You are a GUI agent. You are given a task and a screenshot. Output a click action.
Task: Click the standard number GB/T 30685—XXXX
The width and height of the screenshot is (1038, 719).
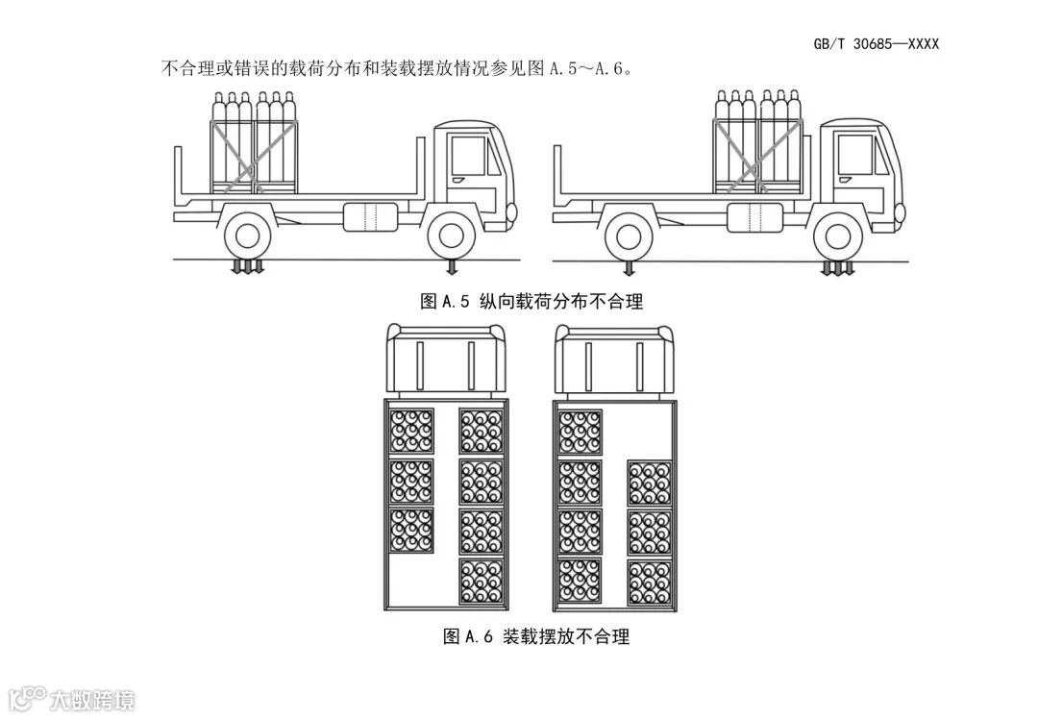pyautogui.click(x=876, y=44)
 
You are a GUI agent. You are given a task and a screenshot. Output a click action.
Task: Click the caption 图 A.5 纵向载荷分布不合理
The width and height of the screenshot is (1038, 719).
pyautogui.click(x=531, y=302)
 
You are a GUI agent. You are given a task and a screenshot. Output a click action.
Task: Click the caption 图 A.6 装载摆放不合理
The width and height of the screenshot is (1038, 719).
pyautogui.click(x=535, y=636)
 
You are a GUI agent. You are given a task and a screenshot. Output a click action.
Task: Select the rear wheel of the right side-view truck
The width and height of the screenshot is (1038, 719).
pyautogui.click(x=630, y=236)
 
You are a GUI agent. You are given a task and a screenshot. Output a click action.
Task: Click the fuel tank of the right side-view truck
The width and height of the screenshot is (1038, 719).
pyautogui.click(x=753, y=217)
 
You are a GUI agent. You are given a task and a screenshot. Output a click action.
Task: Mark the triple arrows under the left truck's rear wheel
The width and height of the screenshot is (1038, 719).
pyautogui.click(x=247, y=266)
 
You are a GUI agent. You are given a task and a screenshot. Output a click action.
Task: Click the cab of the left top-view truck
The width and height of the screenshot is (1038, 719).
pyautogui.click(x=445, y=360)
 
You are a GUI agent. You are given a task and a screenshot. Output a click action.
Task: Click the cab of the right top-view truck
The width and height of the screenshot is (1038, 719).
pyautogui.click(x=615, y=360)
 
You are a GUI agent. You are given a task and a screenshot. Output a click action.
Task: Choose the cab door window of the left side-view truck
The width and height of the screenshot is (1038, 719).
pyautogui.click(x=467, y=155)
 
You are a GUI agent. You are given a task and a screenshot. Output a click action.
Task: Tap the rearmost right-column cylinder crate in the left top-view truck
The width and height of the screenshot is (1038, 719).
pyautogui.click(x=481, y=581)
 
